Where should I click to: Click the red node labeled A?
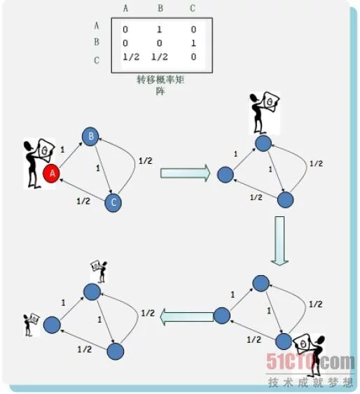[51, 174]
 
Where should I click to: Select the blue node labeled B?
[90, 136]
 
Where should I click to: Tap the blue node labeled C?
[113, 202]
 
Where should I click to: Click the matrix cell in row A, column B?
[159, 29]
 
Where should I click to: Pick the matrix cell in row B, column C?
[193, 43]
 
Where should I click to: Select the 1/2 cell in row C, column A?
[131, 57]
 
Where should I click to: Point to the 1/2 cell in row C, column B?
[160, 57]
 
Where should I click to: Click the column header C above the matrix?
[193, 8]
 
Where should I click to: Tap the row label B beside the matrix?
[97, 42]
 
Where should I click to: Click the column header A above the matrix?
[125, 8]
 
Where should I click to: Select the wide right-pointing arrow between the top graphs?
[186, 173]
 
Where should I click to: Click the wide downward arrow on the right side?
[279, 241]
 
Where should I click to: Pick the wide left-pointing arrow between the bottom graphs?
[187, 317]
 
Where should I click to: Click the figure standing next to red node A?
[39, 163]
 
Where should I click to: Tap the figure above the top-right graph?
[264, 113]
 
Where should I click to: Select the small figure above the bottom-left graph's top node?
[99, 272]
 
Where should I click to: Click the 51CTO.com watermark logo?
[311, 362]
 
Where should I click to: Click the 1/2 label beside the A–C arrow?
[83, 202]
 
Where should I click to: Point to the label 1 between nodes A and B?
[62, 150]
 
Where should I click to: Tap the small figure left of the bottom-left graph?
[32, 325]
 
